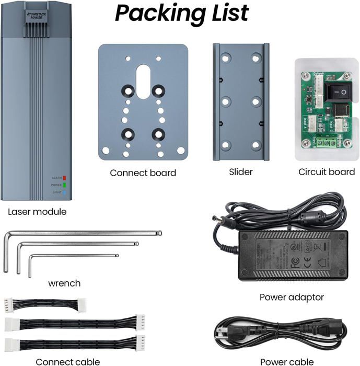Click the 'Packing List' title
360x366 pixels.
[181, 13]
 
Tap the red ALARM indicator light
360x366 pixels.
[64, 178]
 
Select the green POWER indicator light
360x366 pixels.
[64, 185]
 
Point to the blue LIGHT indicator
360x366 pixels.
[64, 192]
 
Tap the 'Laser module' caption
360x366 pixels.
[37, 212]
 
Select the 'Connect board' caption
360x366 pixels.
[143, 173]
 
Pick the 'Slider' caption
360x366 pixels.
[241, 172]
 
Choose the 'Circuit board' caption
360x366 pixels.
[327, 172]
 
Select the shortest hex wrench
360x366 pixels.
[73, 256]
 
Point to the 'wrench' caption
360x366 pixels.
[64, 283]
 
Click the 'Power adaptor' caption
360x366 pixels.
[292, 298]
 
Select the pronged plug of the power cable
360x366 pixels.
[223, 335]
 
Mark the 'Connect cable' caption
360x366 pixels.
[67, 361]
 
